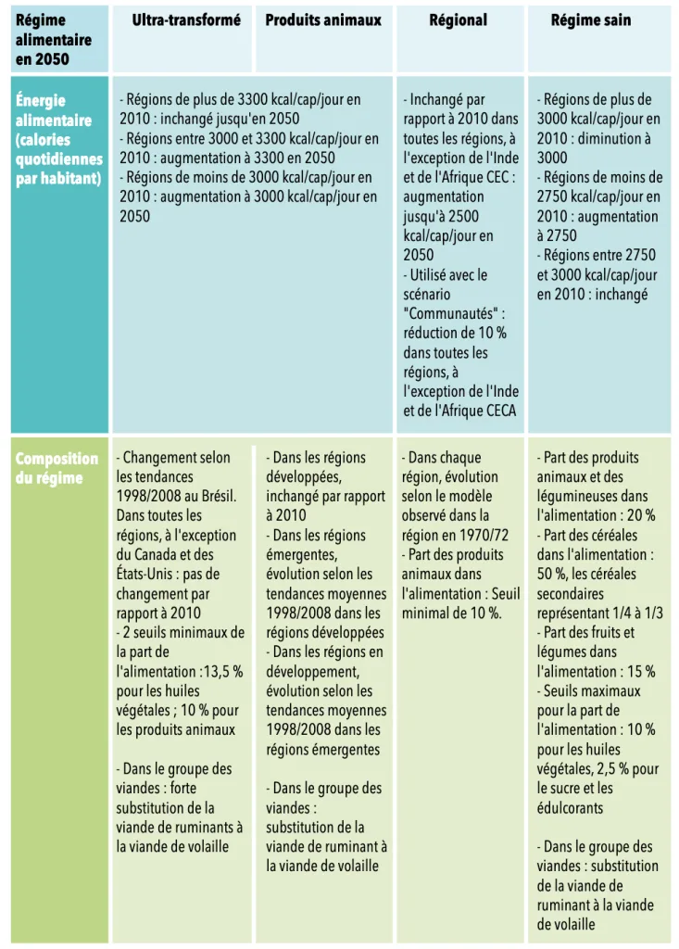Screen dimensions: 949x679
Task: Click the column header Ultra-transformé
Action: tap(186, 20)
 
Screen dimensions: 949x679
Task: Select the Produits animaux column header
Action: tap(323, 20)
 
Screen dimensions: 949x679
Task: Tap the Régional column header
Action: tap(458, 20)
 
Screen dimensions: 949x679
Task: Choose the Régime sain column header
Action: tap(591, 20)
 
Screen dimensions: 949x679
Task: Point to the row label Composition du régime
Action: tap(57, 468)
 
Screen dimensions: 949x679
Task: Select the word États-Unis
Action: tap(144, 574)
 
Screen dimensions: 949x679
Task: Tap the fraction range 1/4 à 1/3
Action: tap(630, 613)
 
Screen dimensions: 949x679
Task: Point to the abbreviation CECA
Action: tap(497, 411)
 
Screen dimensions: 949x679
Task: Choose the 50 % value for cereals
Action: tap(553, 574)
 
